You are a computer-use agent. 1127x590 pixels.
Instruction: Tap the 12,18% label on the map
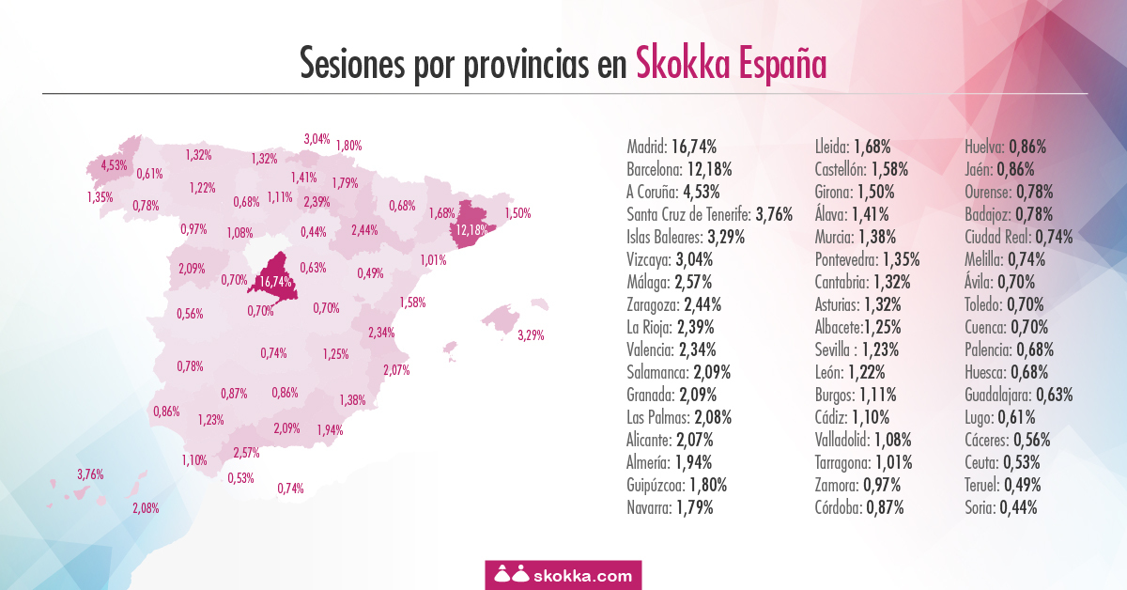(468, 229)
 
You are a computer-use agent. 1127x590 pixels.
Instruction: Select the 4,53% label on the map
(114, 165)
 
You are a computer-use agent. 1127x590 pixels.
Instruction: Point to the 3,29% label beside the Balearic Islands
(531, 334)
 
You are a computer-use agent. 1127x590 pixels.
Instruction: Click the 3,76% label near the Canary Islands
(90, 474)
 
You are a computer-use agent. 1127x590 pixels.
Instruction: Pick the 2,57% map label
(246, 452)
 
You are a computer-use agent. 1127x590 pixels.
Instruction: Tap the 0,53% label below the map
(240, 478)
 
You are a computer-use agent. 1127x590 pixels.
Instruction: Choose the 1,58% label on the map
(412, 303)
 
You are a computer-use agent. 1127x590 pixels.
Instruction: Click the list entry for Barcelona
(678, 169)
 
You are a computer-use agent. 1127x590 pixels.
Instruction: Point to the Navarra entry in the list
(670, 508)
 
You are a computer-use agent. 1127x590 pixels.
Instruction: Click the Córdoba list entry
(859, 508)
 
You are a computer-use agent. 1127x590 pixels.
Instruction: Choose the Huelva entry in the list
(1005, 147)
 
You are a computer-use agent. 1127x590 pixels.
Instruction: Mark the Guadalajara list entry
(1018, 395)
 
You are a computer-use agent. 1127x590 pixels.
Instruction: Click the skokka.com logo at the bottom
(563, 574)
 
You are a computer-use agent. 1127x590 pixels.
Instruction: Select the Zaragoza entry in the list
(672, 304)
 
